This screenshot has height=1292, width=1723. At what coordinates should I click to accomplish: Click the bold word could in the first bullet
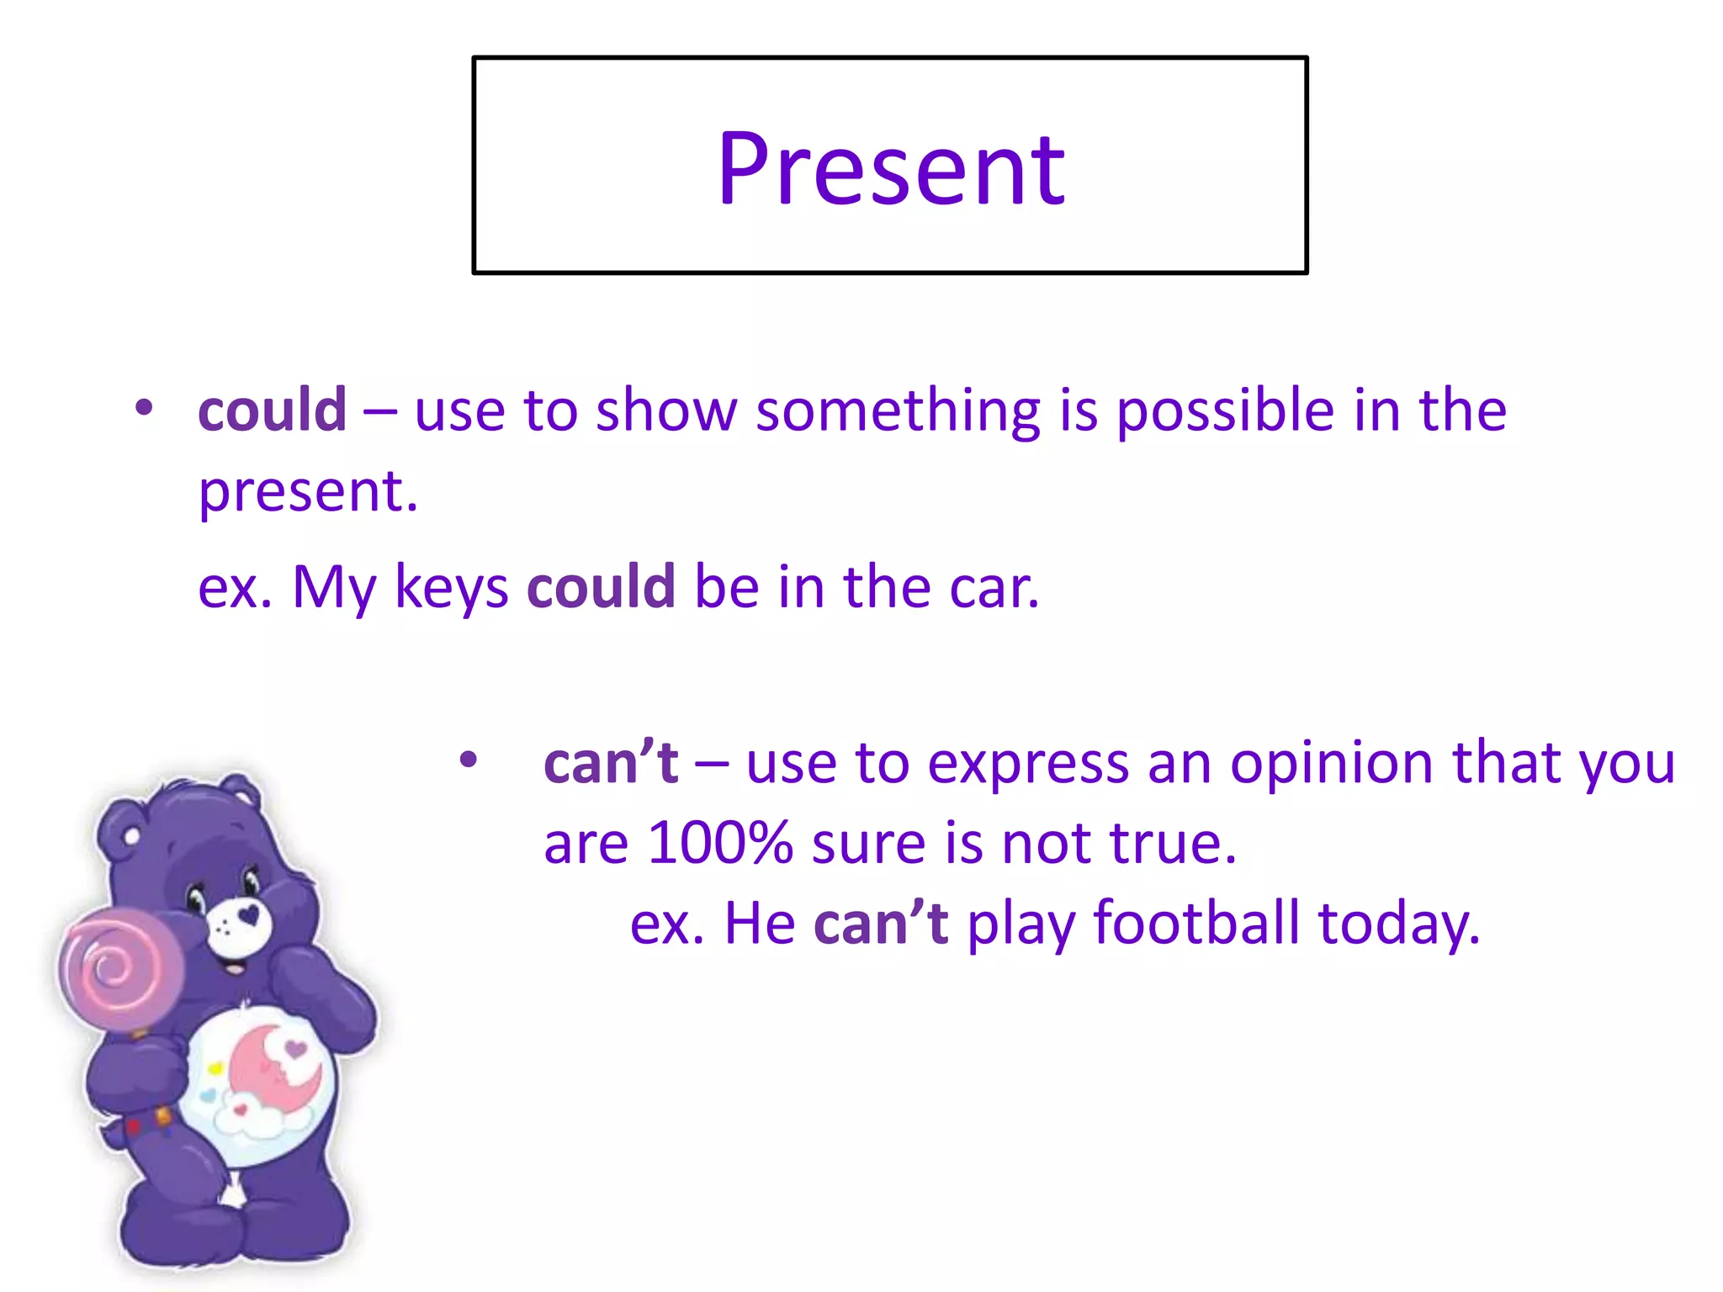coord(272,410)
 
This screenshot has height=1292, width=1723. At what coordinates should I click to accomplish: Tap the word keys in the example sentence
coord(451,588)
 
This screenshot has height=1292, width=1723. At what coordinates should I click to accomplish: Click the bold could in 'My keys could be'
coord(601,586)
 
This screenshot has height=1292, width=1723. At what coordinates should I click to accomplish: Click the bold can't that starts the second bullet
coord(611,764)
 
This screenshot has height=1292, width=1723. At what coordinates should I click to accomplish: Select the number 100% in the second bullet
coord(720,843)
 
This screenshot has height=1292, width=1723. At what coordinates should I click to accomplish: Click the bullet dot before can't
coord(469,761)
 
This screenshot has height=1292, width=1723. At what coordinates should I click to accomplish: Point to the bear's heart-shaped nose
coord(248,915)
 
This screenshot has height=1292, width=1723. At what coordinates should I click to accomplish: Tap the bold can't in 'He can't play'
coord(881,923)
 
